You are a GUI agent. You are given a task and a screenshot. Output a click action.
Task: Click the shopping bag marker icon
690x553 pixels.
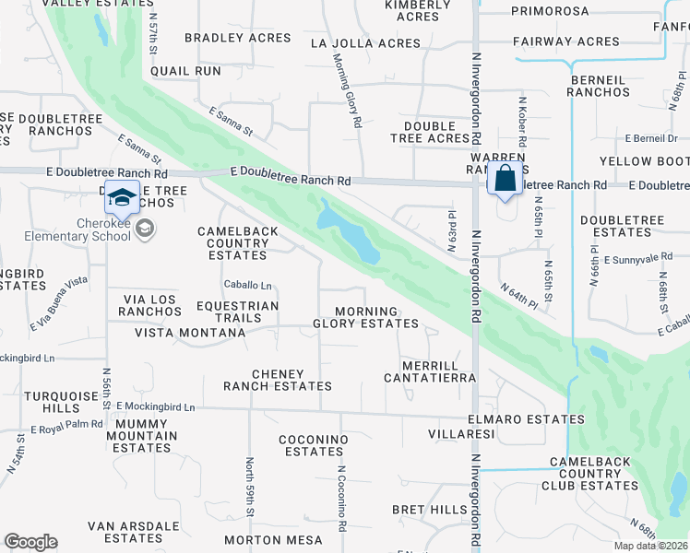pos(506,179)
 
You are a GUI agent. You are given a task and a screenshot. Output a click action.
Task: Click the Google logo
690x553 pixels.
pos(30,542)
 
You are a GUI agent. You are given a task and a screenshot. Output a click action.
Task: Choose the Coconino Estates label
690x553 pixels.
pos(315,445)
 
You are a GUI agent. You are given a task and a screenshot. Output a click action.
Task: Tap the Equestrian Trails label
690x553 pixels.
pos(237,312)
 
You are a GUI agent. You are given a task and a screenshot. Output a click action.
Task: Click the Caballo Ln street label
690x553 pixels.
pos(247,285)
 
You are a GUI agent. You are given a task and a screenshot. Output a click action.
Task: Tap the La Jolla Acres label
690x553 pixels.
pos(365,43)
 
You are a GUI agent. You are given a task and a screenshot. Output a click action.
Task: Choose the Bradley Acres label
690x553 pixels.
pos(238,38)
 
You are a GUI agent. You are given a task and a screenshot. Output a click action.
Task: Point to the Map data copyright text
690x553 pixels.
pos(649,546)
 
